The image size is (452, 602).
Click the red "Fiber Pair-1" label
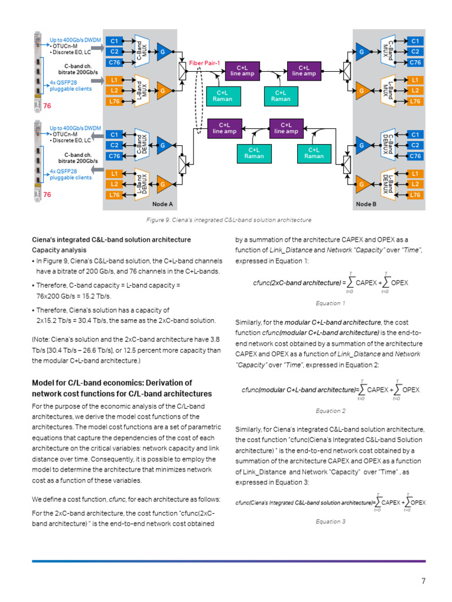[204, 62]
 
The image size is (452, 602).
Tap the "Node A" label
[162, 203]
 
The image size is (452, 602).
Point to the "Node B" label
[365, 203]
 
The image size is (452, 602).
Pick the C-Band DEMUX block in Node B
[387, 145]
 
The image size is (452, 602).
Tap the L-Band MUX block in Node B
[387, 90]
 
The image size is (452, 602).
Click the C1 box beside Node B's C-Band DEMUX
[415, 135]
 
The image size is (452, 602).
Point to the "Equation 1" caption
[330, 303]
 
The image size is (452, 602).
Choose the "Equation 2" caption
[330, 411]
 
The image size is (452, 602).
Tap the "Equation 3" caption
[330, 521]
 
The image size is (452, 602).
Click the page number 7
[423, 581]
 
